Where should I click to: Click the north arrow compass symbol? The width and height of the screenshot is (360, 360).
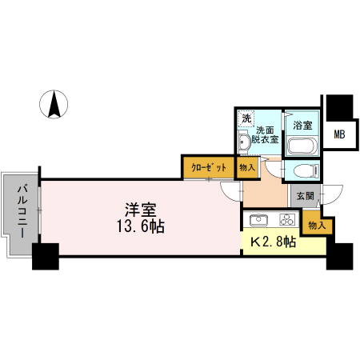pos(55,105)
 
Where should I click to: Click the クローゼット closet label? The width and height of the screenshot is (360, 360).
pos(208,168)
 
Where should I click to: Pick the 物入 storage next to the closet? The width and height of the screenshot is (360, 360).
pos(247,168)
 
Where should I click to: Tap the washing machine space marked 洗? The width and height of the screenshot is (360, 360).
pos(246,118)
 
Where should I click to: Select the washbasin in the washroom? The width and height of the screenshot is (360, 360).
pos(244,142)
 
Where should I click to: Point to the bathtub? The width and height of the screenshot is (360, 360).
pos(302,146)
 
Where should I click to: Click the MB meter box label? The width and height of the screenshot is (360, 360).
pos(339,134)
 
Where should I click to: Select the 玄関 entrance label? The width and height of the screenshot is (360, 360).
pos(305,196)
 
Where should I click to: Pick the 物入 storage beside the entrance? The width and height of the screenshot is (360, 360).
pos(317,226)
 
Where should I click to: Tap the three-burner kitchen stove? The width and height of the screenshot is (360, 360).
pos(287,220)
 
